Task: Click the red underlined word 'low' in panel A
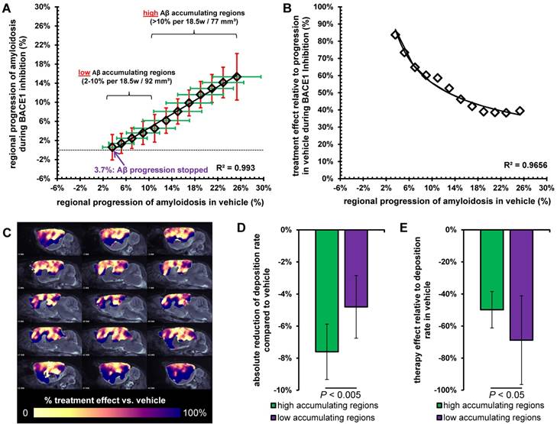click(x=85, y=73)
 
